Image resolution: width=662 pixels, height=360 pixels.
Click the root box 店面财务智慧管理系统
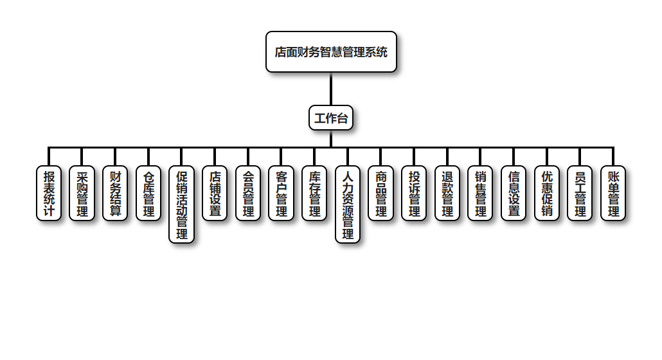point(331,52)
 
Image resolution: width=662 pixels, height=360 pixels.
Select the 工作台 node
point(331,118)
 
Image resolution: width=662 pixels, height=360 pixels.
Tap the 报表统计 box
point(49,193)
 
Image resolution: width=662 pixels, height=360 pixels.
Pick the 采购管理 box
point(82,193)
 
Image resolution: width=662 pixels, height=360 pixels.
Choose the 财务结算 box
point(115,193)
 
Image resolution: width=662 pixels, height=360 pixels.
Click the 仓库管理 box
point(148,193)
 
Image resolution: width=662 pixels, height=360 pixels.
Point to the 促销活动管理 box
point(182,204)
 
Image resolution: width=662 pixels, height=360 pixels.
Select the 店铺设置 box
point(215,193)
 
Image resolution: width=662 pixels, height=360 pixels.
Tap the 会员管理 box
point(248,193)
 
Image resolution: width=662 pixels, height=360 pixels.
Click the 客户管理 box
point(281,193)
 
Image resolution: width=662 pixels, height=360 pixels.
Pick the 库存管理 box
point(314,193)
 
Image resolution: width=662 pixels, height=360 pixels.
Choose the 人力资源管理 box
point(348,204)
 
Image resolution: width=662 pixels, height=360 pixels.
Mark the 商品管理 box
point(381,193)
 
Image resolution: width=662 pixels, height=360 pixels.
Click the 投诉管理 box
point(414,193)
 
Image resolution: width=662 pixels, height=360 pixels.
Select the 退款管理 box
point(447,193)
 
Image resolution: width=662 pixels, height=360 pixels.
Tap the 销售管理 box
point(480,193)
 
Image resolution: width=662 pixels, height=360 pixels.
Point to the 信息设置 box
point(514,193)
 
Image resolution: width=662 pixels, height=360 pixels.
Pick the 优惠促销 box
point(547,193)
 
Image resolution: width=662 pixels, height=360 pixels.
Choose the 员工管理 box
point(580,193)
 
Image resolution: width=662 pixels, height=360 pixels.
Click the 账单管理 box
point(613,193)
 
